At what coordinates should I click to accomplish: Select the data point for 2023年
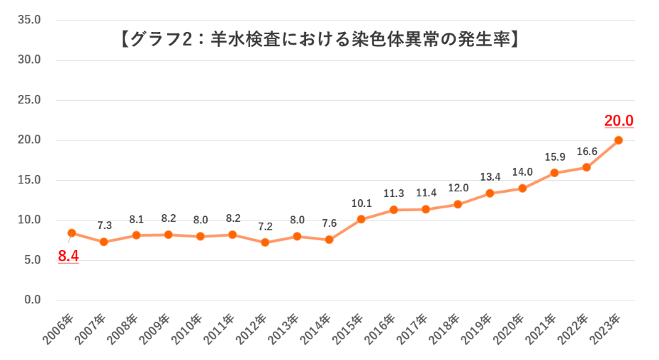point(619,140)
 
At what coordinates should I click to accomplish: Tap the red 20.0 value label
point(619,120)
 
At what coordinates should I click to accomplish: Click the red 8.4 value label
point(68,257)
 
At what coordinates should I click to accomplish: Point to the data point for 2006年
point(72,232)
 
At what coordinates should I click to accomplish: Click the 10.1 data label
point(361,204)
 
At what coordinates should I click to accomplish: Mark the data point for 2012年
point(265,242)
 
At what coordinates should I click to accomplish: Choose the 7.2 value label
point(265,227)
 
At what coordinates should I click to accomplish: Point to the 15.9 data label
point(554,157)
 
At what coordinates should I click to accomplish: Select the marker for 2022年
point(587,167)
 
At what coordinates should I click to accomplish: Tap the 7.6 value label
point(329,224)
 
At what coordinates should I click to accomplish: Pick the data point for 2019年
point(490,193)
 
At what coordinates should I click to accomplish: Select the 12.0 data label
point(458,189)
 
